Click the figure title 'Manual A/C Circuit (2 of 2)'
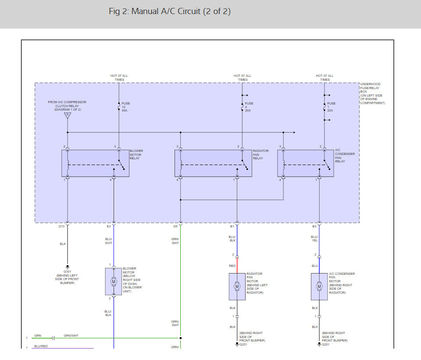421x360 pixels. [x=169, y=11]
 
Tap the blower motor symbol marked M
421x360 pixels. [x=114, y=281]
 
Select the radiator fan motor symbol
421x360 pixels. [x=237, y=286]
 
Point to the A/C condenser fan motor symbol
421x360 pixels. [x=319, y=286]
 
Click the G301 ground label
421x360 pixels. [x=67, y=271]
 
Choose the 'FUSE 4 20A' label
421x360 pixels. [x=249, y=107]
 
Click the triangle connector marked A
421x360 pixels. [x=67, y=116]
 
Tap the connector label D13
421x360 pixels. [x=62, y=227]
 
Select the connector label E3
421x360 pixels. [x=109, y=227]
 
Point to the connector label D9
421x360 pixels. [x=175, y=227]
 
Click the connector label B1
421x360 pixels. [x=232, y=227]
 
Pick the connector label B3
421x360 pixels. [x=314, y=227]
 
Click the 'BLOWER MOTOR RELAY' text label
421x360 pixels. [x=136, y=155]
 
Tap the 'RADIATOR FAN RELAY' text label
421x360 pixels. [x=260, y=155]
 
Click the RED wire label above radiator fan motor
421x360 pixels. [x=232, y=266]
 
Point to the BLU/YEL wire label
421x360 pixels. [x=314, y=238]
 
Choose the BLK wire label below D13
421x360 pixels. [x=63, y=244]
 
